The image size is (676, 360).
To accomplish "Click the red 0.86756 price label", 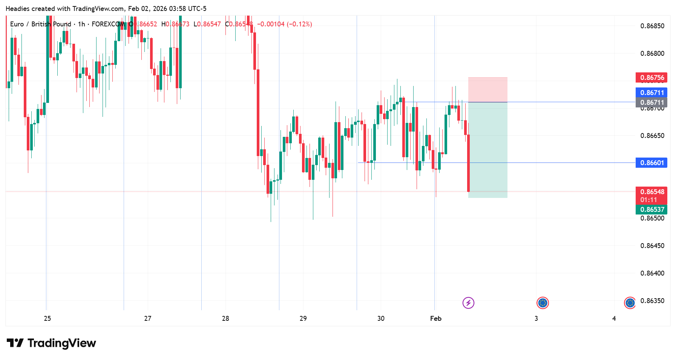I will pyautogui.click(x=651, y=78).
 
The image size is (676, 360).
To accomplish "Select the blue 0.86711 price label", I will pyautogui.click(x=651, y=92).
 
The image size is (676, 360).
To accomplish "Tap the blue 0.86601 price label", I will pyautogui.click(x=651, y=162).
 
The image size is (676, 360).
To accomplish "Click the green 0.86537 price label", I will pyautogui.click(x=651, y=210).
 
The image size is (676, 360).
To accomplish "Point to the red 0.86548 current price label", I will pyautogui.click(x=651, y=192).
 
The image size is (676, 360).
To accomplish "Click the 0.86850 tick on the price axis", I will pyautogui.click(x=652, y=26).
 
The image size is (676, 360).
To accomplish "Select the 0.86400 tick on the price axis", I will pyautogui.click(x=652, y=273).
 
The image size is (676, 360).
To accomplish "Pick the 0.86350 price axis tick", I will pyautogui.click(x=652, y=300).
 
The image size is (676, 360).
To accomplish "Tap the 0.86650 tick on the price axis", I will pyautogui.click(x=652, y=136).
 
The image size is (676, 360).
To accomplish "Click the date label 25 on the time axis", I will pyautogui.click(x=47, y=319).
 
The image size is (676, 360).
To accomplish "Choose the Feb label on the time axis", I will pyautogui.click(x=435, y=319).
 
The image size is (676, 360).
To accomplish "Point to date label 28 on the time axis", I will pyautogui.click(x=225, y=319).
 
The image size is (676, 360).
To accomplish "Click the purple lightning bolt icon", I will pyautogui.click(x=468, y=303).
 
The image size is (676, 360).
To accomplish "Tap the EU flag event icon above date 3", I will pyautogui.click(x=543, y=303).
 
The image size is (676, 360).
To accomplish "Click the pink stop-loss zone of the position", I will pyautogui.click(x=487, y=90).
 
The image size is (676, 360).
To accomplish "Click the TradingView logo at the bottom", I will pyautogui.click(x=52, y=343).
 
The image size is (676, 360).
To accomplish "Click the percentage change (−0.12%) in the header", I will pyautogui.click(x=299, y=24).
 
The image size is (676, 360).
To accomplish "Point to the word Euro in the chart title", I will pyautogui.click(x=17, y=24).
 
